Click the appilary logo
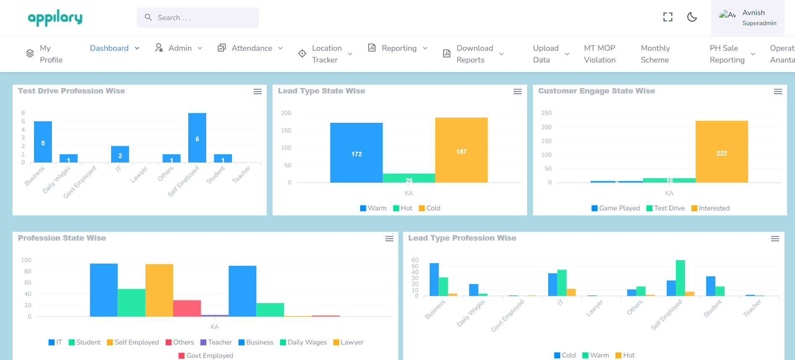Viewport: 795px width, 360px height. pyautogui.click(x=55, y=18)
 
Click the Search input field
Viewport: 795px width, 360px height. pyautogui.click(x=198, y=18)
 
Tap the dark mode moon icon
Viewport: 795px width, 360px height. pyautogui.click(x=692, y=17)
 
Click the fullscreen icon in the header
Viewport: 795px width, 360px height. pyautogui.click(x=668, y=17)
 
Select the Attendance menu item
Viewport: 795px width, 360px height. pyautogui.click(x=251, y=48)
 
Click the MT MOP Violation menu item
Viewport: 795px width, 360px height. pyautogui.click(x=600, y=54)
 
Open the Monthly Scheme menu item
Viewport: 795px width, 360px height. pyautogui.click(x=655, y=54)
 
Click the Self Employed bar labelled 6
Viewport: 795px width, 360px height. pyautogui.click(x=197, y=138)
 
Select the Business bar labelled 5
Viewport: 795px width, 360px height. pyautogui.click(x=43, y=142)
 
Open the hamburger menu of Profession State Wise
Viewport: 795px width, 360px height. pyautogui.click(x=389, y=238)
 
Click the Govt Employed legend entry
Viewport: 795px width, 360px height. pyautogui.click(x=206, y=356)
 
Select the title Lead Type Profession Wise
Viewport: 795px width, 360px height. pyautogui.click(x=462, y=238)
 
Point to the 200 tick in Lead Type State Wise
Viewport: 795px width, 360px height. pyautogui.click(x=286, y=113)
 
